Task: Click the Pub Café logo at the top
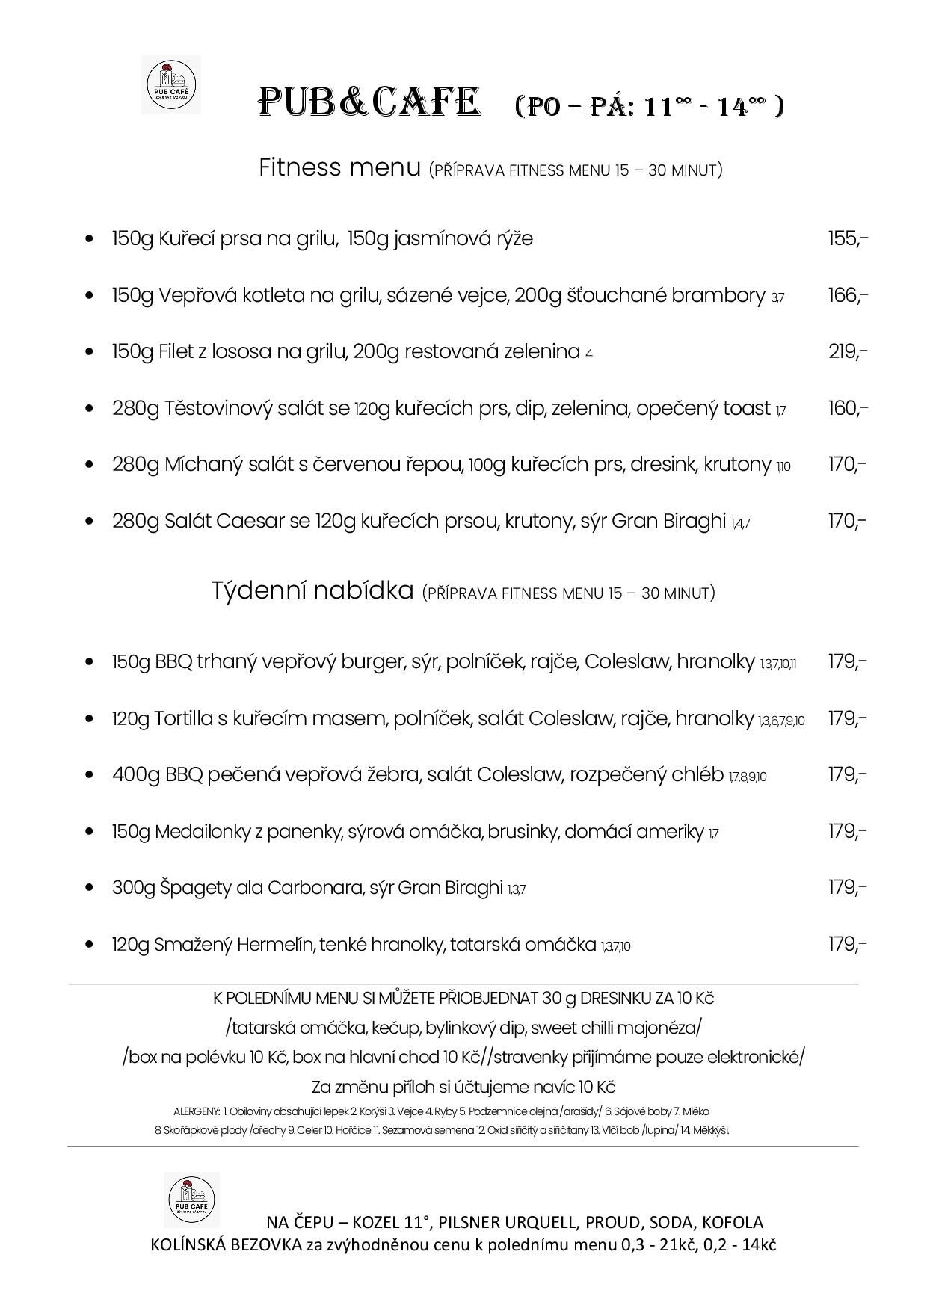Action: click(x=171, y=84)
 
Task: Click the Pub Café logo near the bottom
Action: click(x=191, y=1200)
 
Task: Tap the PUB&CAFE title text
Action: click(x=368, y=103)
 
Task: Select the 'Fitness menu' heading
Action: click(x=339, y=167)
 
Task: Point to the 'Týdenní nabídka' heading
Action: click(x=312, y=590)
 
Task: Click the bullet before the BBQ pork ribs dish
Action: click(x=90, y=775)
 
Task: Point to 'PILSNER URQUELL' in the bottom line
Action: click(x=508, y=1223)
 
